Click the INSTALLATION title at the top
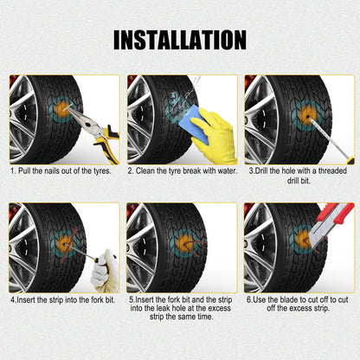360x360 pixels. pyautogui.click(x=180, y=40)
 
